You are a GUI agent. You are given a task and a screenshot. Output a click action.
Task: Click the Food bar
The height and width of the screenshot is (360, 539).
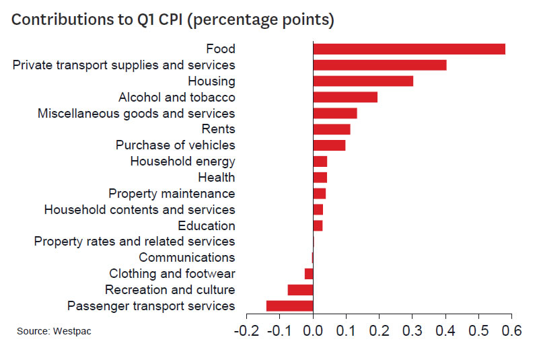tap(408, 49)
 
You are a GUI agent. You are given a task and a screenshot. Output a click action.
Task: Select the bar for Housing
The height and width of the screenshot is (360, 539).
tap(363, 81)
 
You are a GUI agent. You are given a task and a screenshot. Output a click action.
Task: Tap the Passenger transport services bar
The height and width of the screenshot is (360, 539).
tap(290, 306)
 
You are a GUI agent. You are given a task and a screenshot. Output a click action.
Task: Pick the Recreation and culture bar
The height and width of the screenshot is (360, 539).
tap(300, 290)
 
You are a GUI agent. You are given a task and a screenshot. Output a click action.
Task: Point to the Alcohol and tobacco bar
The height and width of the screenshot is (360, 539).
tap(345, 98)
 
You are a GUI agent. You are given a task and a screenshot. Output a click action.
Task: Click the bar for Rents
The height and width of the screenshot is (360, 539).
tap(332, 129)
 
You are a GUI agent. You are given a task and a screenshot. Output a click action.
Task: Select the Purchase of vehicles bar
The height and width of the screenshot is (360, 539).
tap(329, 145)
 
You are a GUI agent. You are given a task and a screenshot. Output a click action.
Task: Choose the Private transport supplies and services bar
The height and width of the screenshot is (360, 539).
tap(380, 65)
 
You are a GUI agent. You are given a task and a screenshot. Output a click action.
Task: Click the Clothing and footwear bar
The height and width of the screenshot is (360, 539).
tap(309, 274)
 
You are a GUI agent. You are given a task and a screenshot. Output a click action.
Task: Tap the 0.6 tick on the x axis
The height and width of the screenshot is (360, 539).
tap(512, 331)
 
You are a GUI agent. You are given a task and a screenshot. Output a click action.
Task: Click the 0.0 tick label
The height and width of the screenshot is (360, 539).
tap(313, 331)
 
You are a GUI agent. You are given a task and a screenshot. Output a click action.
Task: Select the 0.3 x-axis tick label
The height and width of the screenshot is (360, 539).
tap(412, 331)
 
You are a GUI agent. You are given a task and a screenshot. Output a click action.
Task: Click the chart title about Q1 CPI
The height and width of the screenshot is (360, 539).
tap(173, 20)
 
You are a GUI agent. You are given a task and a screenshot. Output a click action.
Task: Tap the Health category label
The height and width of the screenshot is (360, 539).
tap(216, 178)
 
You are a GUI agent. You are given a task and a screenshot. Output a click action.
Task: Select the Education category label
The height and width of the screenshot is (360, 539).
tap(207, 226)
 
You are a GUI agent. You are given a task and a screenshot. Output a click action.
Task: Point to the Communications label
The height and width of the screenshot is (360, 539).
tap(186, 258)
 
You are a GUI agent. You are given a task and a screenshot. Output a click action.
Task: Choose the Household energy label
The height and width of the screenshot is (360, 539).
tap(182, 161)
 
